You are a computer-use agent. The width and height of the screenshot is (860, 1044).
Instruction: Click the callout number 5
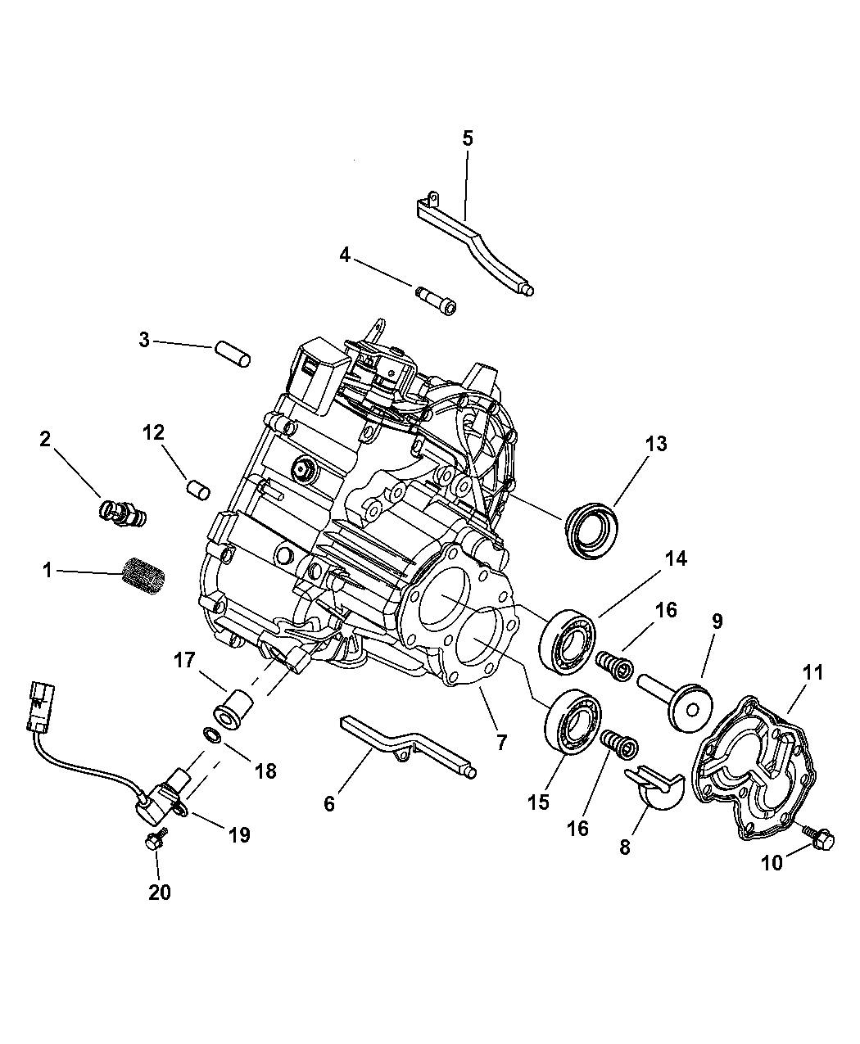tap(468, 138)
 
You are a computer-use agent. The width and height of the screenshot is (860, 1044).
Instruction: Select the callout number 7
tap(501, 743)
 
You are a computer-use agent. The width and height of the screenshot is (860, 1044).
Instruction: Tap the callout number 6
tap(329, 803)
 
